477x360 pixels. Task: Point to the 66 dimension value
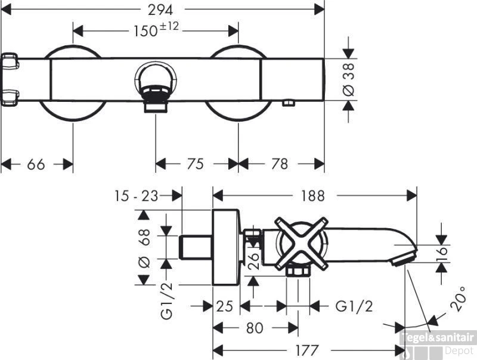36,164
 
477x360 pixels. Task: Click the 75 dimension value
196,164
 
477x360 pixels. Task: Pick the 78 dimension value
279,164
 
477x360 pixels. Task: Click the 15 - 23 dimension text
137,195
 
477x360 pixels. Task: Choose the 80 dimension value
255,328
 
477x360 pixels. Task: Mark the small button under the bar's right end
289,104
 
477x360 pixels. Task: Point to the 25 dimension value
224,306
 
